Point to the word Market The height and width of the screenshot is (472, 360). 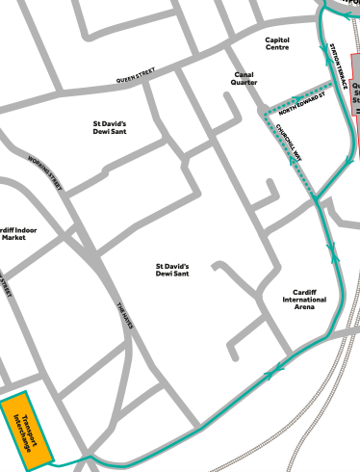[13, 238]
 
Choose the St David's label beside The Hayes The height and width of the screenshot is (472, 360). [172, 270]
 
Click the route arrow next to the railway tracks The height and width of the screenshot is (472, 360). [330, 253]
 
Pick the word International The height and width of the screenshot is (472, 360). [304, 300]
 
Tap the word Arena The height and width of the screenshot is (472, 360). [304, 308]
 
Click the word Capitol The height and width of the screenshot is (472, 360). [277, 39]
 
